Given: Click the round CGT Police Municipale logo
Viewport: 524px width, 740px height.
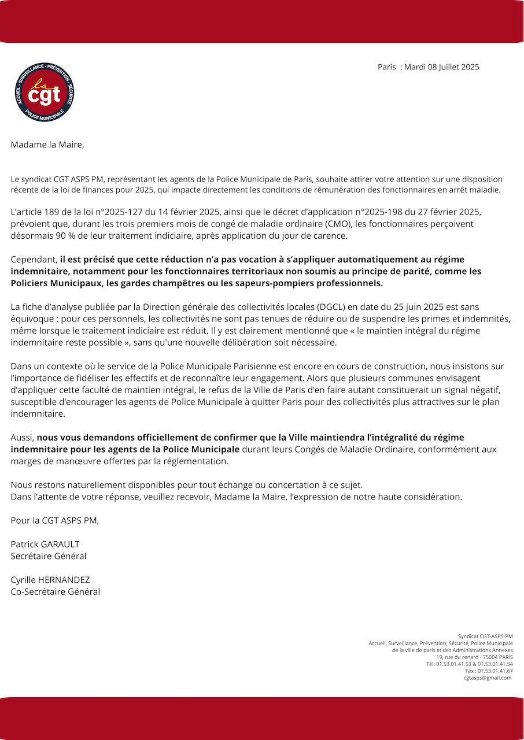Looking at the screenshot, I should (45, 92).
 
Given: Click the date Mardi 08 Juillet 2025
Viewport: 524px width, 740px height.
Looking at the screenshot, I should (441, 67).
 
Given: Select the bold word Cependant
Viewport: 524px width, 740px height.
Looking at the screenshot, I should (34, 260).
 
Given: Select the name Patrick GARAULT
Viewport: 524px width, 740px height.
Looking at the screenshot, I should (45, 545).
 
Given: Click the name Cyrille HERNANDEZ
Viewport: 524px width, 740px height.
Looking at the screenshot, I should (50, 580).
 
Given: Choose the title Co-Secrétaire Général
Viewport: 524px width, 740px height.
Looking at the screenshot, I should (56, 592).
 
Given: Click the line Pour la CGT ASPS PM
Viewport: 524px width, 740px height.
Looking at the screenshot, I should (55, 521).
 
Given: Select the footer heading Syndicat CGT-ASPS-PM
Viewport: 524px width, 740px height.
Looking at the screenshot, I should (485, 637).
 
